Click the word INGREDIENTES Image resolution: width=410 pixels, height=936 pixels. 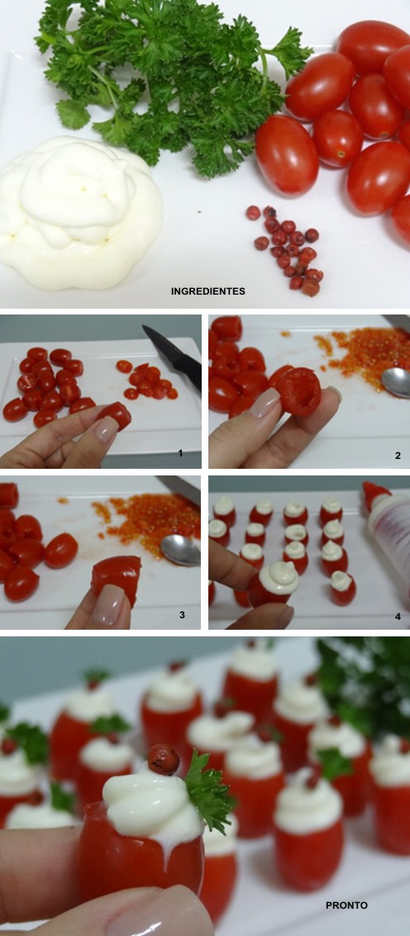pyautogui.click(x=207, y=291)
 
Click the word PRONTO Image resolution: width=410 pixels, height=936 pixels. pyautogui.click(x=346, y=905)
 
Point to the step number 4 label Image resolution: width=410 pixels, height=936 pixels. pyautogui.click(x=397, y=614)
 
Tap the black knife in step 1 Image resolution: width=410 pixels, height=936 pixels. pyautogui.click(x=171, y=355)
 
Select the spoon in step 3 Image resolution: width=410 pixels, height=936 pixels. pyautogui.click(x=181, y=548)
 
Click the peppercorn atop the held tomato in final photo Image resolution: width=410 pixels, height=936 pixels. pyautogui.click(x=163, y=758)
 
